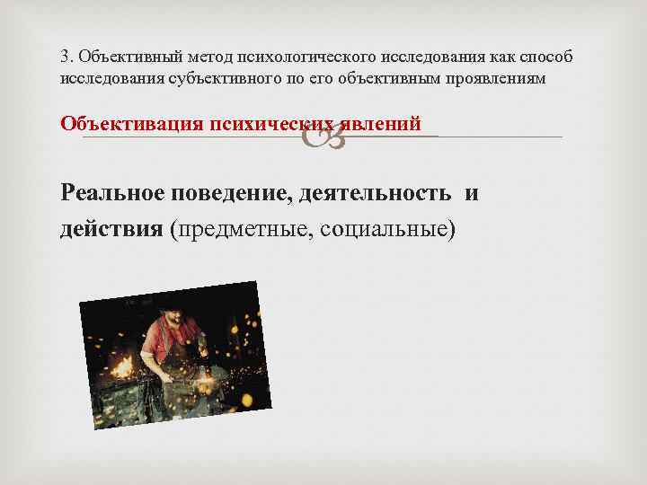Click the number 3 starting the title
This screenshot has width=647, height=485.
click(x=65, y=57)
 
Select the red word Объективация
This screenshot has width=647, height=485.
click(x=130, y=124)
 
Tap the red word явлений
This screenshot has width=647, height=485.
click(x=382, y=124)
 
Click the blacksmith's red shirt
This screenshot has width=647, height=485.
click(x=162, y=342)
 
